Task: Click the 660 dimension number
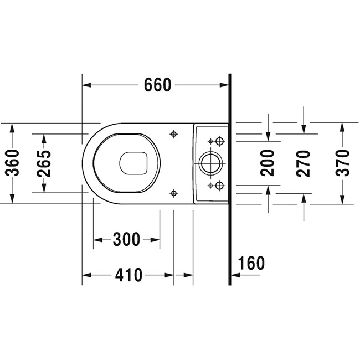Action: (x=157, y=85)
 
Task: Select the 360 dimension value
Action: (x=12, y=163)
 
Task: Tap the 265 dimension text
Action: (x=44, y=163)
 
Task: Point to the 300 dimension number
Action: (x=126, y=239)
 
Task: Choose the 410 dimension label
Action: (x=129, y=275)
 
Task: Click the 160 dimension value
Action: (x=251, y=263)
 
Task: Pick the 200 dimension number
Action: (x=268, y=163)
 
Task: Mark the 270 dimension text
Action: (x=304, y=163)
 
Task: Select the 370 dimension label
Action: (x=342, y=163)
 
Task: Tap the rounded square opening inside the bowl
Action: (x=133, y=163)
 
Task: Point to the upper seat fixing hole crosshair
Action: (x=174, y=133)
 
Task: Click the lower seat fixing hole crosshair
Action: (x=174, y=193)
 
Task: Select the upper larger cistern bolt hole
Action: (x=220, y=141)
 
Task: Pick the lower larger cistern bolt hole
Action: (x=220, y=186)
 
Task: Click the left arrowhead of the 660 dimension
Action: (x=86, y=85)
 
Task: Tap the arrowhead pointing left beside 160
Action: (x=235, y=275)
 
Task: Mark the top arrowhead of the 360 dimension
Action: (x=12, y=127)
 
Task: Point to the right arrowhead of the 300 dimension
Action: (x=155, y=240)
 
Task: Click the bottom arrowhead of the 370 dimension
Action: (x=342, y=199)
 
